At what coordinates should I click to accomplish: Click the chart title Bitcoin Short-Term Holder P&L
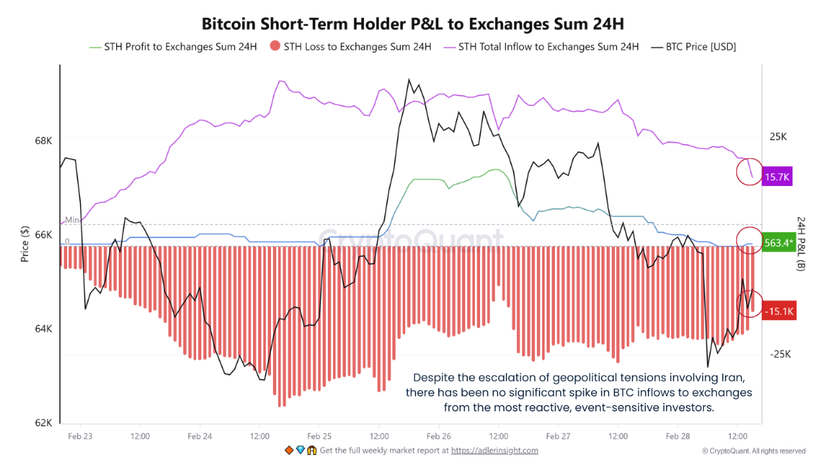(413, 24)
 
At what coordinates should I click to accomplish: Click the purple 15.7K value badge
(778, 177)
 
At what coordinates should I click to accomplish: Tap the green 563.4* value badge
(778, 243)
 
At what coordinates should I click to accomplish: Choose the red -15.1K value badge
(778, 312)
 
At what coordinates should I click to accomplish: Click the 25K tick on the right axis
(778, 137)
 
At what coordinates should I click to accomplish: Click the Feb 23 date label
(80, 437)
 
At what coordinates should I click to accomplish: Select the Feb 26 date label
(439, 437)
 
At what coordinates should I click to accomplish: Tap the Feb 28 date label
(678, 437)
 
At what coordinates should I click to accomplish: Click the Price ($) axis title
(25, 243)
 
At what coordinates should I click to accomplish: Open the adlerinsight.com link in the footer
(494, 451)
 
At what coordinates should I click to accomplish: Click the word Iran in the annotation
(736, 377)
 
